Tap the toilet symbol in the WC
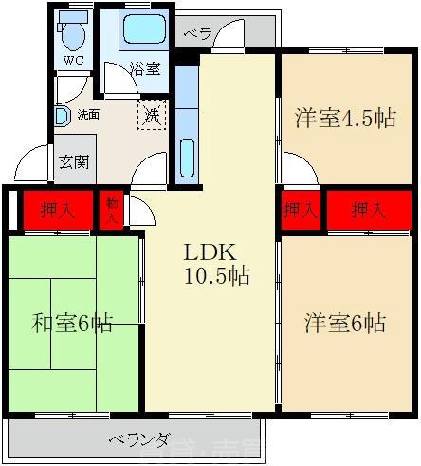coord(72,34)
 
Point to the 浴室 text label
coord(145,68)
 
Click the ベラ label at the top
coord(197,33)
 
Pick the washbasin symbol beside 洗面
coord(61,116)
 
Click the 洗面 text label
coord(88,115)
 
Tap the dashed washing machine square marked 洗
coord(152,117)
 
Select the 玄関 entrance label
coord(74,161)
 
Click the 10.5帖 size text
coord(217,277)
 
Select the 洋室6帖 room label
coord(345,323)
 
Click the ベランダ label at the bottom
coord(138,439)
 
